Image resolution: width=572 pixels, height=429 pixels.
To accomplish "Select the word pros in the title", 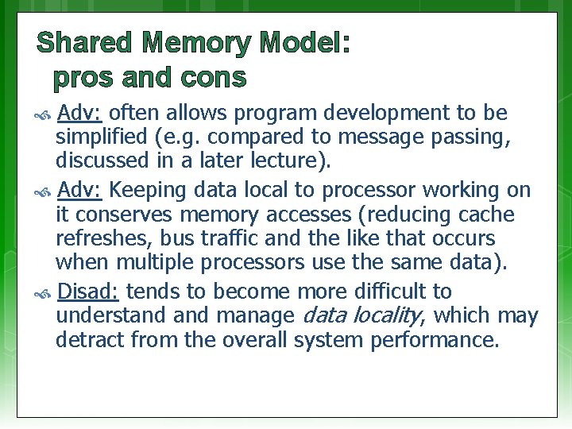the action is coord(88,79).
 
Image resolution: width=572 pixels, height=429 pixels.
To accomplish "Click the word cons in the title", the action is coord(213,79).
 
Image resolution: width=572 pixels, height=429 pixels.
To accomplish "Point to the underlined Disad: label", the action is coord(88,292).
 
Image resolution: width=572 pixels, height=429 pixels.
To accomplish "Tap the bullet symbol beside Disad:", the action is coord(44,293).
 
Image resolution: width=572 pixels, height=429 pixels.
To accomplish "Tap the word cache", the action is coord(485,215).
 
